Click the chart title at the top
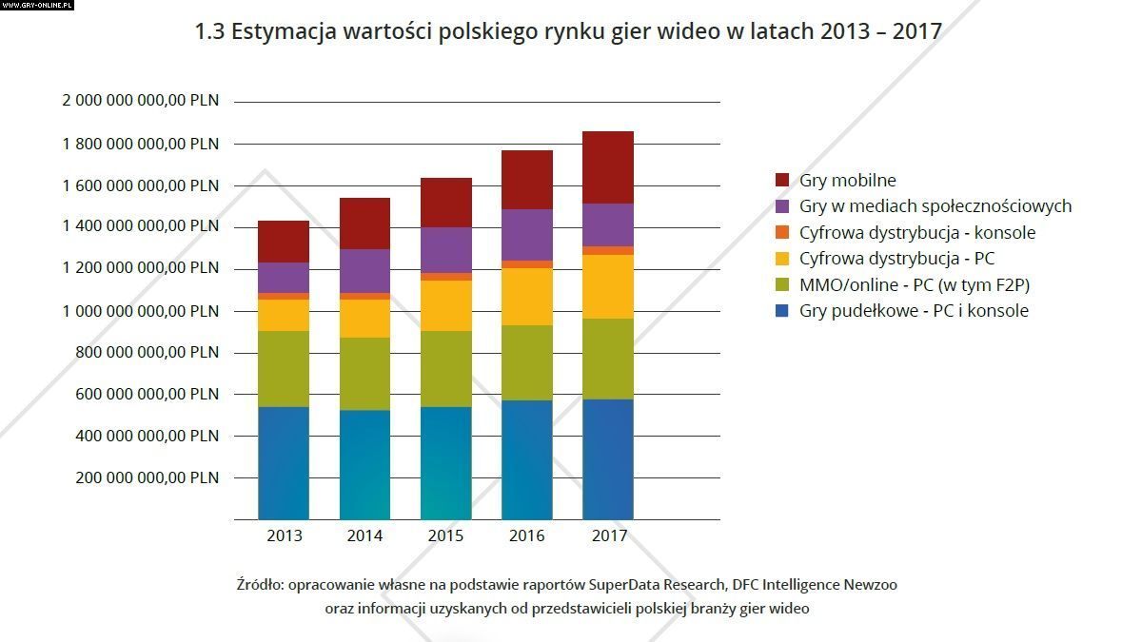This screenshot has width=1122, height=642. (x=568, y=31)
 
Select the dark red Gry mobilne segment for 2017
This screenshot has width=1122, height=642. (x=608, y=167)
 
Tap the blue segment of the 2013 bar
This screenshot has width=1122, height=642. (x=284, y=462)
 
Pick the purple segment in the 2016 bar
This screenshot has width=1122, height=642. (x=526, y=235)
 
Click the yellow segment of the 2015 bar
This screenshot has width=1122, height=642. (x=445, y=305)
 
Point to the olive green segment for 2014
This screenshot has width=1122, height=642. (x=364, y=374)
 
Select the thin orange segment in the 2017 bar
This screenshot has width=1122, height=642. (x=608, y=250)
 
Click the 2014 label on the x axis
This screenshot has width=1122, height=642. (x=364, y=535)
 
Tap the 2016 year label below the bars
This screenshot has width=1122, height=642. (x=526, y=535)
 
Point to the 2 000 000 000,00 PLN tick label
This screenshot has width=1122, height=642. (x=141, y=101)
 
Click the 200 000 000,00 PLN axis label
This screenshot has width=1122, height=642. (x=147, y=477)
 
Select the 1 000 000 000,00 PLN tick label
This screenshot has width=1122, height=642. (x=141, y=310)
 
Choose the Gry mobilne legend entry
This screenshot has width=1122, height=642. (x=848, y=180)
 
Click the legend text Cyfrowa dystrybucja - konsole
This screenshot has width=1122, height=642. (x=917, y=232)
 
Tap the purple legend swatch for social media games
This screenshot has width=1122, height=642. (x=783, y=206)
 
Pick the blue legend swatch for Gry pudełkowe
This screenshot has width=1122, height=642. (x=783, y=311)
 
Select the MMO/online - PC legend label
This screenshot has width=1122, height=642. (x=915, y=284)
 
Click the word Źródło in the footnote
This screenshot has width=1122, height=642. (x=258, y=584)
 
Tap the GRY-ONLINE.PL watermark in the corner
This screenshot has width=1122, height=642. (x=36, y=5)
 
